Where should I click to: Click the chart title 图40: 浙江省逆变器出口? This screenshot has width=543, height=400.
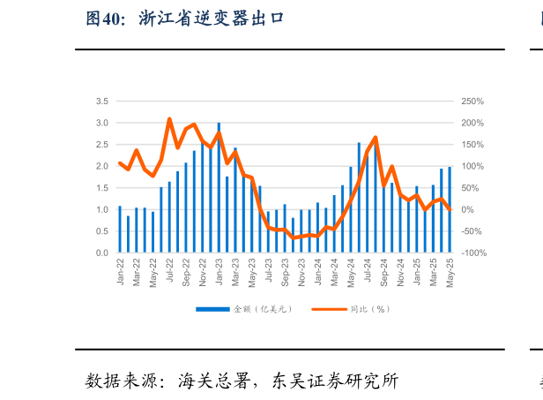(184, 19)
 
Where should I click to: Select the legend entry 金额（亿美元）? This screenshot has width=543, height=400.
(243, 309)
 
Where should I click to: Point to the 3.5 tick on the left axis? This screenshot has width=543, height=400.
(102, 102)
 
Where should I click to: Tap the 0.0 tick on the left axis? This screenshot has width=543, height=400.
(102, 253)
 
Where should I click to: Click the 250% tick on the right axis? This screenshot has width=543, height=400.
(473, 102)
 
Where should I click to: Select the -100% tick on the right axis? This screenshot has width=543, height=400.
(473, 253)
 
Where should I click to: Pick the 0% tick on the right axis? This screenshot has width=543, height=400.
(468, 210)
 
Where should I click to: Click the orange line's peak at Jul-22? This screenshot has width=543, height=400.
(169, 118)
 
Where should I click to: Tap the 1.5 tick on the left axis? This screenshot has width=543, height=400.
(102, 188)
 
